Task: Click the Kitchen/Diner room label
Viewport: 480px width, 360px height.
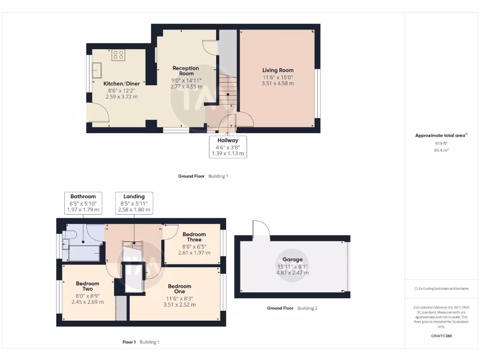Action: (x=122, y=83)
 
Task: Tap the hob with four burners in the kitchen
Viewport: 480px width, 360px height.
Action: (x=118, y=55)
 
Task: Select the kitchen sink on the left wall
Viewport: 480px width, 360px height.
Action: (x=97, y=70)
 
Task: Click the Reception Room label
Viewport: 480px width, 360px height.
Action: (x=186, y=71)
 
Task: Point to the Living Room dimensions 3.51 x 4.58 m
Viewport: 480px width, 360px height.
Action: (x=278, y=83)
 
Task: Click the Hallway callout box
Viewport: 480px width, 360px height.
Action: (x=227, y=147)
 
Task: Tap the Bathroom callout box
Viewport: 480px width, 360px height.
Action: (x=83, y=203)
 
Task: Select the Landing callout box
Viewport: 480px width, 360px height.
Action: (x=134, y=203)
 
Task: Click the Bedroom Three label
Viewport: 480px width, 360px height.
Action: (x=194, y=237)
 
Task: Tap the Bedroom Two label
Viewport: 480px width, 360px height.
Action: (x=88, y=286)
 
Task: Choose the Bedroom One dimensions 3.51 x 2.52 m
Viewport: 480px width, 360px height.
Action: (x=180, y=304)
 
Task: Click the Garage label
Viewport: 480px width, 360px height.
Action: (x=292, y=259)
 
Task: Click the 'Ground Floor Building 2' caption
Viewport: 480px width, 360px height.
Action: (x=292, y=308)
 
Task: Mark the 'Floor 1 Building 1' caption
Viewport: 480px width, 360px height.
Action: (x=141, y=342)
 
